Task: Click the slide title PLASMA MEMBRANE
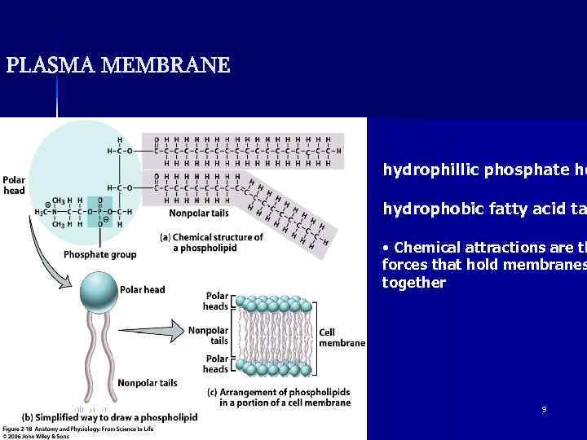tap(118, 65)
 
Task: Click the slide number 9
tap(545, 410)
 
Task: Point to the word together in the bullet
tap(414, 282)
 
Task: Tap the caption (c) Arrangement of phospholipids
tap(285, 397)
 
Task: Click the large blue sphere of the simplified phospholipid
tap(99, 290)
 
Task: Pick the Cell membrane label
tap(342, 337)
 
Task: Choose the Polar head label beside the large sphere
tap(143, 289)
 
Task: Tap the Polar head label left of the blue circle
tap(14, 185)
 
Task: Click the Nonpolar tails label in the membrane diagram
tap(208, 336)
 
